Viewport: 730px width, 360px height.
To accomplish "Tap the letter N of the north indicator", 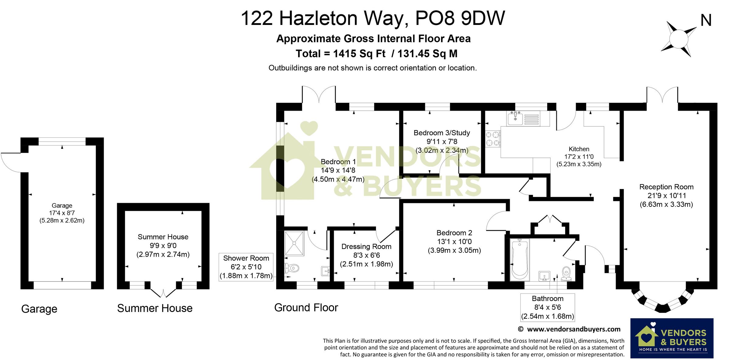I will (706, 21).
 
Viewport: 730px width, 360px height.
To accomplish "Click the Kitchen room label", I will (579, 149).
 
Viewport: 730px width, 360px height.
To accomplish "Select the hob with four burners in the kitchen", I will (492, 139).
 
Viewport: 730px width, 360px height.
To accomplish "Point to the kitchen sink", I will (515, 119).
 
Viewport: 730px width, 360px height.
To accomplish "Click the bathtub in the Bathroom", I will (520, 259).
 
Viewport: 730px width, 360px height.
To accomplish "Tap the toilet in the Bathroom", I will (566, 273).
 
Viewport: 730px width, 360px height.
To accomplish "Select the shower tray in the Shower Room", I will (294, 243).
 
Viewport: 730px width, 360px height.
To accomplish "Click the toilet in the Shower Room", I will (292, 268).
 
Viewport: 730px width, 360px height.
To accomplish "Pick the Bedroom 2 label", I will (454, 233).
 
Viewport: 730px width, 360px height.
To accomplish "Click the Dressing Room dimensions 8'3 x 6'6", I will (366, 255).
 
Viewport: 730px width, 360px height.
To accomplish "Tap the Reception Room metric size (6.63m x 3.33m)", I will (666, 204).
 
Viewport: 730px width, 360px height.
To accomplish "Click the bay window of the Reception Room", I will (662, 303).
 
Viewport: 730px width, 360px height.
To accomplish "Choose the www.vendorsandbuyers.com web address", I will (574, 329).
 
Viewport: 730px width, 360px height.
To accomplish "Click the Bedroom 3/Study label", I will (442, 133).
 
